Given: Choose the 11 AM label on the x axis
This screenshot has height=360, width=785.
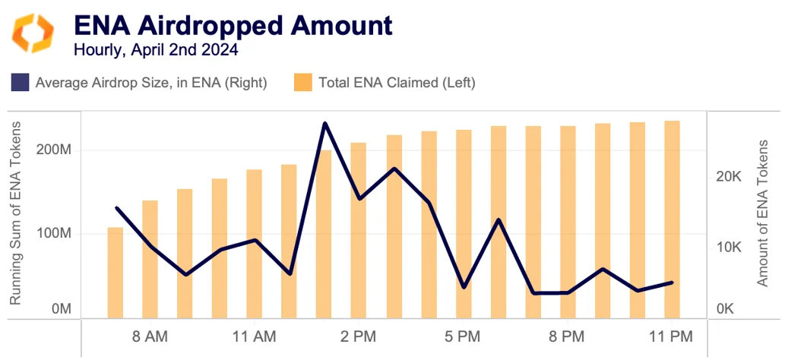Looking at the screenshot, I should tap(255, 336).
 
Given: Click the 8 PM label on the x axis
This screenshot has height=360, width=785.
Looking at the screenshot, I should tap(567, 336).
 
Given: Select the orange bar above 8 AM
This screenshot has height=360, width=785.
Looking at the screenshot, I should tap(150, 258).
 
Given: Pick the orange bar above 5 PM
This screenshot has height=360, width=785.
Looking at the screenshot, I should tap(464, 223).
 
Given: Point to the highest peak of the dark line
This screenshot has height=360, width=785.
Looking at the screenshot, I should tap(324, 123).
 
